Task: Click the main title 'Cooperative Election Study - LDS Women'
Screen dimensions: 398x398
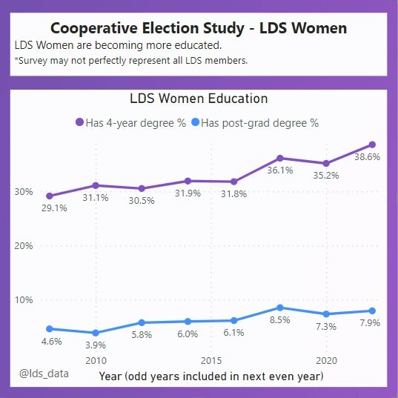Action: tap(199, 28)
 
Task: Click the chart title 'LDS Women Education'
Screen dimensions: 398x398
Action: tap(199, 99)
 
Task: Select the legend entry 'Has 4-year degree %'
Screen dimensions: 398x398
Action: tap(130, 123)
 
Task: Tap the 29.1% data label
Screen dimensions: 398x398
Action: tap(55, 208)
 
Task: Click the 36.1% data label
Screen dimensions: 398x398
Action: tap(280, 170)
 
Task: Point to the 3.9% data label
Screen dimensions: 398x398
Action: tap(95, 345)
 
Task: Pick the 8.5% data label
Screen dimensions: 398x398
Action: tap(280, 320)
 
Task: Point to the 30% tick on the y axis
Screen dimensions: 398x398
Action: tap(23, 192)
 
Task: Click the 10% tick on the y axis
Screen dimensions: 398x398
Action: tap(23, 300)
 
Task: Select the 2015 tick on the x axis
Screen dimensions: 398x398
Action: tap(211, 360)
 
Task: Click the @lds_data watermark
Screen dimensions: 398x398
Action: tap(44, 374)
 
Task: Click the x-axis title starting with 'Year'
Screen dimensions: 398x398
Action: tap(211, 377)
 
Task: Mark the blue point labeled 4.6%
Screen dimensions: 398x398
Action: tap(49, 328)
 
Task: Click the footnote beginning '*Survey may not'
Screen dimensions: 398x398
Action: tap(131, 61)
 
